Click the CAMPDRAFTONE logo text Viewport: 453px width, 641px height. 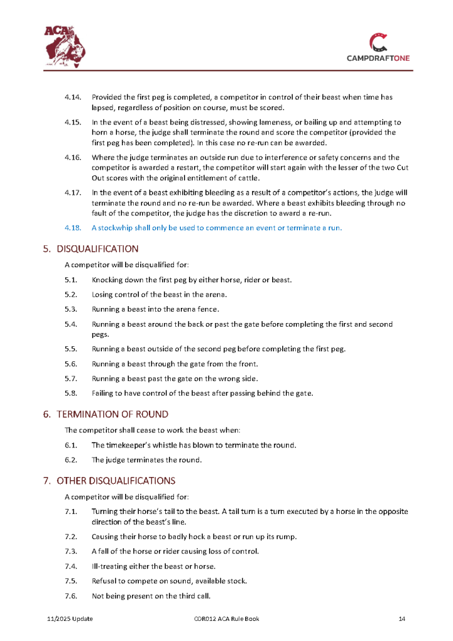pyautogui.click(x=379, y=58)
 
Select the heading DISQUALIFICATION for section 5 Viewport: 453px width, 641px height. pyautogui.click(x=97, y=249)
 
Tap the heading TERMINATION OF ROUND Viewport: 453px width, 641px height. pyautogui.click(x=113, y=414)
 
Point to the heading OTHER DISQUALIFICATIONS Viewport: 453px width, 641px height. pyautogui.click(x=116, y=481)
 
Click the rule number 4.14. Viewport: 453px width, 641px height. pyautogui.click(x=73, y=98)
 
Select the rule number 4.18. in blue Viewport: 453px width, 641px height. pyautogui.click(x=73, y=228)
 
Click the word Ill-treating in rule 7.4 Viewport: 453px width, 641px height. pyautogui.click(x=109, y=567)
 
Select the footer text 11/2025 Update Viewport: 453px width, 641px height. pyautogui.click(x=70, y=619)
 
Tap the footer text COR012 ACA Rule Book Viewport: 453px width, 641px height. pyautogui.click(x=227, y=619)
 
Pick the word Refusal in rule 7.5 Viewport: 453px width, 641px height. pyautogui.click(x=104, y=582)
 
